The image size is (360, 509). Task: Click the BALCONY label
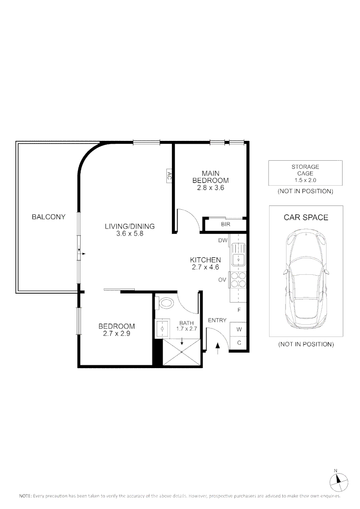tap(49, 217)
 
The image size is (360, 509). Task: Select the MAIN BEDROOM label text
tap(210, 177)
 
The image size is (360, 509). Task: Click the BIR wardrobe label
tap(225, 225)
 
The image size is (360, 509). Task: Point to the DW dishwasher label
tap(223, 241)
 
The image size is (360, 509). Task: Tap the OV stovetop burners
tap(238, 280)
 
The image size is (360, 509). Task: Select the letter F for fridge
tap(239, 310)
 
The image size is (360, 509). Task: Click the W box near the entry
tap(239, 329)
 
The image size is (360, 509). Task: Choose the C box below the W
tap(239, 343)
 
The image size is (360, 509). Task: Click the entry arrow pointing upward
tap(217, 348)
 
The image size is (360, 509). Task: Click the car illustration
tap(306, 277)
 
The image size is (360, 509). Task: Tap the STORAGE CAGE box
tap(305, 173)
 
